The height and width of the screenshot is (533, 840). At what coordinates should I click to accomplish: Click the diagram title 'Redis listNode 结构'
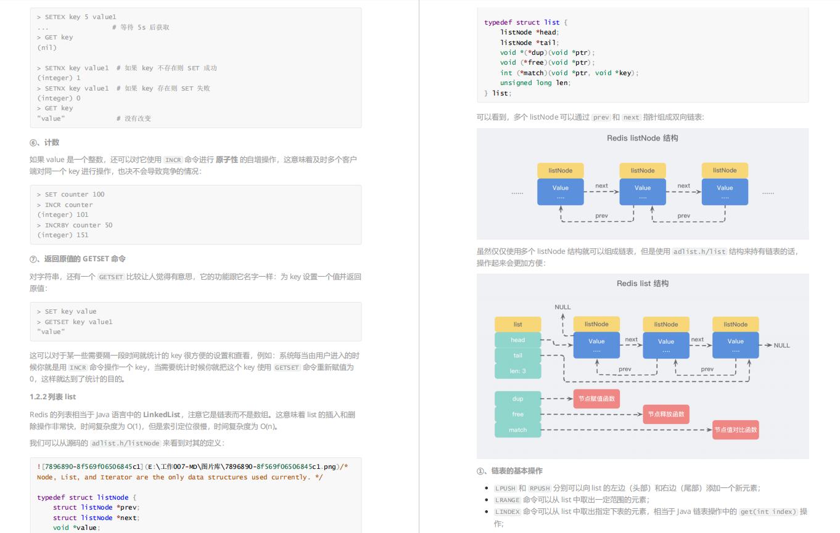pos(642,138)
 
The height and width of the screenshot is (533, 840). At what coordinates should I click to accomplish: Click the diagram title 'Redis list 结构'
pos(642,283)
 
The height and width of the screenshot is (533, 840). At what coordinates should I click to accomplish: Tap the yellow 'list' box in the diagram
pos(517,324)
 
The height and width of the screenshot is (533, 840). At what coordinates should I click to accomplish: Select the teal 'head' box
pos(517,340)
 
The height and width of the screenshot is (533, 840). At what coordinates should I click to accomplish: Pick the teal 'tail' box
pos(517,356)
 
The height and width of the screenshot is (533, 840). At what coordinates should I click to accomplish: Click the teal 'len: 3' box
pos(517,371)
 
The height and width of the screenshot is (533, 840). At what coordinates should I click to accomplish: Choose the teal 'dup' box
pos(517,399)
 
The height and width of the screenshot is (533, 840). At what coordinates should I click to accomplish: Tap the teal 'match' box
pos(517,430)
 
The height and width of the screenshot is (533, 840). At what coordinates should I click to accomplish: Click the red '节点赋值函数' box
pos(596,399)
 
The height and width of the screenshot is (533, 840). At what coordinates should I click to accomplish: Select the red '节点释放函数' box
pos(665,414)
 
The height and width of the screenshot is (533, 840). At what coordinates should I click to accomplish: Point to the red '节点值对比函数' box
pos(735,430)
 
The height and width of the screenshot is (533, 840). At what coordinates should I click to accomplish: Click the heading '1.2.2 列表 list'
pos(53,397)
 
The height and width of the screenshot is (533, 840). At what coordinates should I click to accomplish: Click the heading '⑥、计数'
pos(44,142)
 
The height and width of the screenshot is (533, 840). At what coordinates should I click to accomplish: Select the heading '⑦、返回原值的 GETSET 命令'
pos(78,259)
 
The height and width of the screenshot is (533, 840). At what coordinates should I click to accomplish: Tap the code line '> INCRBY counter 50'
pos(75,225)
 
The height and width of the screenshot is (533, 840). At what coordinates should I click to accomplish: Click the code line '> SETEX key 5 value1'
pos(76,17)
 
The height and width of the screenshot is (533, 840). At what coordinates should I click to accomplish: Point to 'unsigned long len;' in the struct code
pos(535,83)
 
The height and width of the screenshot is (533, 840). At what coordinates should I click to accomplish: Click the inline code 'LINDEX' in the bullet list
pos(508,511)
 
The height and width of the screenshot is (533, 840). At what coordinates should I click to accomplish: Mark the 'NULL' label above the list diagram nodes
pos(562,307)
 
